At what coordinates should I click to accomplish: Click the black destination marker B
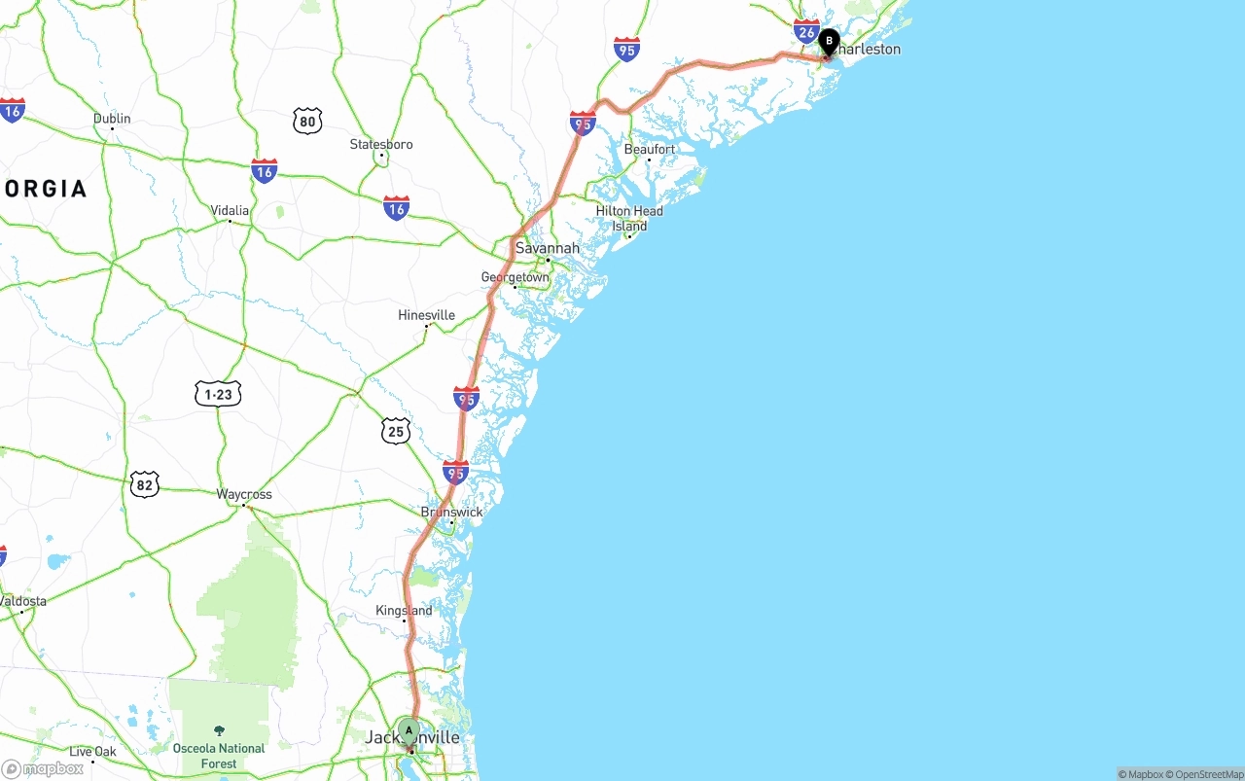tap(829, 42)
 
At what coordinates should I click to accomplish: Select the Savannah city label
tap(547, 248)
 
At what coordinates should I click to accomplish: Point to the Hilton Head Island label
tap(629, 218)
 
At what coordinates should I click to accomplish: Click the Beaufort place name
tap(650, 149)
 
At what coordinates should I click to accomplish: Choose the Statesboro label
tap(381, 144)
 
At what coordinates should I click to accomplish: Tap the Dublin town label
tap(112, 119)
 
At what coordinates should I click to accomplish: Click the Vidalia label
tap(230, 210)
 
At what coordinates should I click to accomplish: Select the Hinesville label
tap(426, 315)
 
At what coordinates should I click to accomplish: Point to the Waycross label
tap(244, 494)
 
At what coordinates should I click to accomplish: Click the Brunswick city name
tap(451, 512)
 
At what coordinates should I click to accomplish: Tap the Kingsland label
tap(404, 611)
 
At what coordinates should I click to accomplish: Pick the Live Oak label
tap(92, 751)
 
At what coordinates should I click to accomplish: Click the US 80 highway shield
tap(307, 121)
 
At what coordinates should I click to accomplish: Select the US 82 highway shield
tap(144, 483)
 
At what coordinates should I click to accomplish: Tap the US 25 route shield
tap(395, 431)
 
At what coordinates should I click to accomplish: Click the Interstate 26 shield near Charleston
tap(806, 31)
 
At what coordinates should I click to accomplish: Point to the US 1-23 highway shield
tap(218, 394)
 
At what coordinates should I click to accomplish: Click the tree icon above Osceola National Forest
tap(219, 730)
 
